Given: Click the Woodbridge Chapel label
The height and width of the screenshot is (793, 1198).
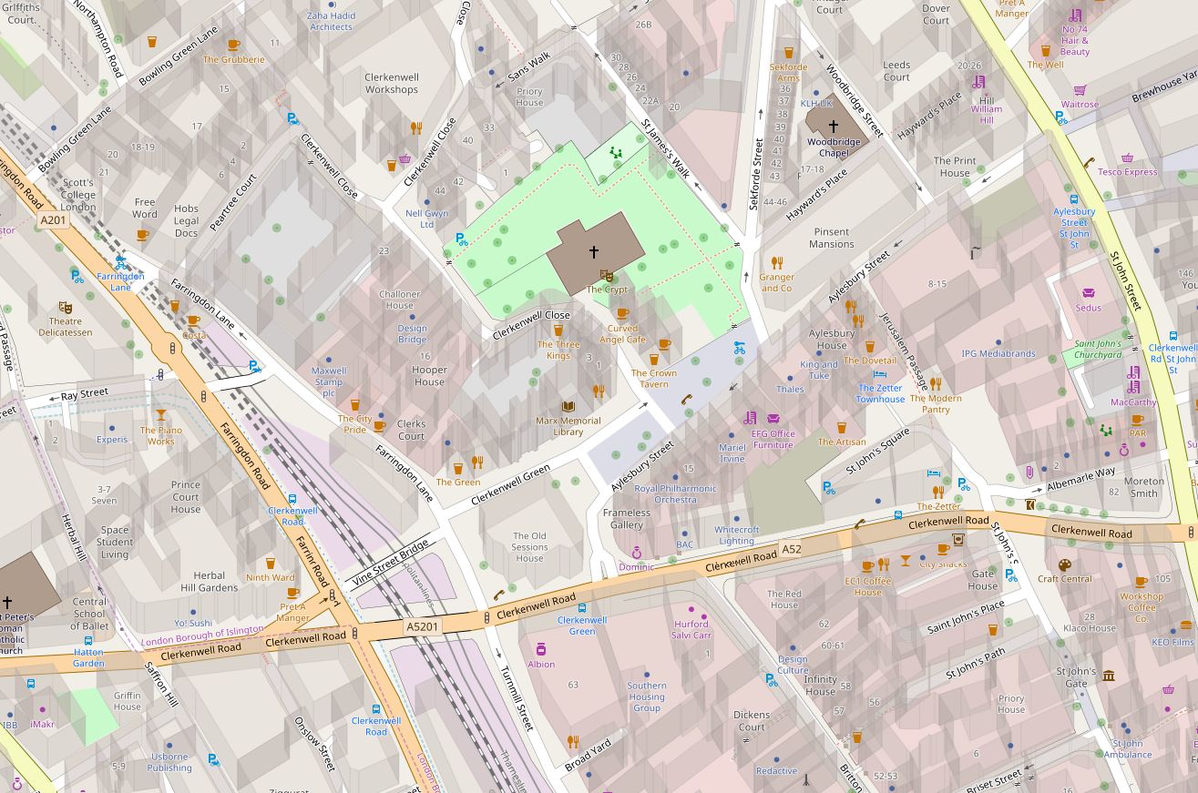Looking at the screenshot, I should pos(833,147).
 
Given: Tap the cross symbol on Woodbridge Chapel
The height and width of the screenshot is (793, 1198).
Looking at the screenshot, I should pos(833,127).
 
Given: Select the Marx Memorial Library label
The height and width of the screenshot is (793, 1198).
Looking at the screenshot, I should pos(568,426).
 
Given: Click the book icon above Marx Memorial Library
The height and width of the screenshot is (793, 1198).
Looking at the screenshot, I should pos(568,406).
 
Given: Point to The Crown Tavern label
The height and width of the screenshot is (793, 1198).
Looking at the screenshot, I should pos(654,379).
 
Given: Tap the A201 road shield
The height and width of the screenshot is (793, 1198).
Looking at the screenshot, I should pos(53,219).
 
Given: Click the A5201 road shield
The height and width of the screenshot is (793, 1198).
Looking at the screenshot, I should pos(422,626).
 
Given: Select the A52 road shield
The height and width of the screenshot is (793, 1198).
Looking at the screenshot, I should pos(791,549).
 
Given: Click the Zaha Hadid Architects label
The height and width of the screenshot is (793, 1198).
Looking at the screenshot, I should pos(331,21).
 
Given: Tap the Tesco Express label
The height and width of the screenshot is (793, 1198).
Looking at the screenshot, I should pos(1127,172).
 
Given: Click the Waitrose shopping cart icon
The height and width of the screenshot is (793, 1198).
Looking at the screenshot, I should pos(1080,90).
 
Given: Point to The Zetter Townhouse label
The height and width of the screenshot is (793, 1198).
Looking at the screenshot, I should pos(880,393).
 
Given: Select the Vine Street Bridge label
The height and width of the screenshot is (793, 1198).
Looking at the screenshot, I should pos(389,564).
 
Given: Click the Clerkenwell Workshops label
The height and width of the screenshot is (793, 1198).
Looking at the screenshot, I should pos(392,84).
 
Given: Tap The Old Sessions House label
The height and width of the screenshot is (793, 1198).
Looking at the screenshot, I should pos(529,547).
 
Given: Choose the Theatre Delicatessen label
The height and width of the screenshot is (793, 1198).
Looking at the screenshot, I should pos(66,327).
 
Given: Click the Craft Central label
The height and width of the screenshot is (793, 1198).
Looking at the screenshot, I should pos(1064,578).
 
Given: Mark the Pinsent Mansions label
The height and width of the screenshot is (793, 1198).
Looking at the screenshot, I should pos(832,238).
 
